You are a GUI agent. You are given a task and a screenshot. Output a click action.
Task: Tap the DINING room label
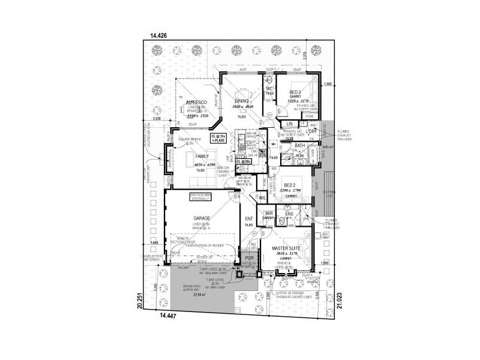tap(242, 101)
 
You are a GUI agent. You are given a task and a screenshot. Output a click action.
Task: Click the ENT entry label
tap(249, 219)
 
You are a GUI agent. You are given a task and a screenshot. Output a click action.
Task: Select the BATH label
tap(300, 146)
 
